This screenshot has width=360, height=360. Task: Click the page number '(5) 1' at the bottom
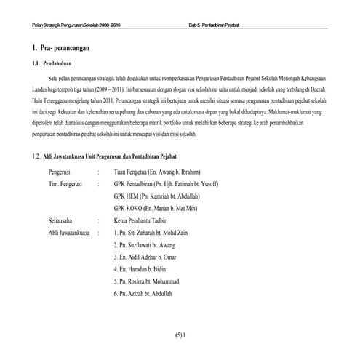(x=181, y=335)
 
